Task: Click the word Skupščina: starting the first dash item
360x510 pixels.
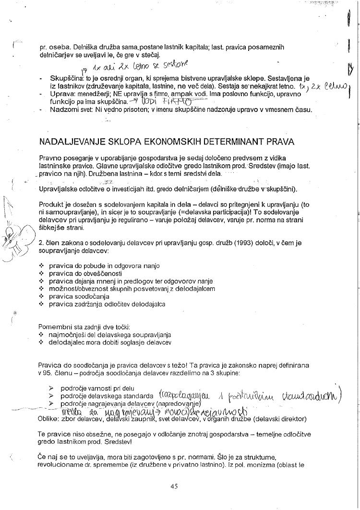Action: point(65,78)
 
